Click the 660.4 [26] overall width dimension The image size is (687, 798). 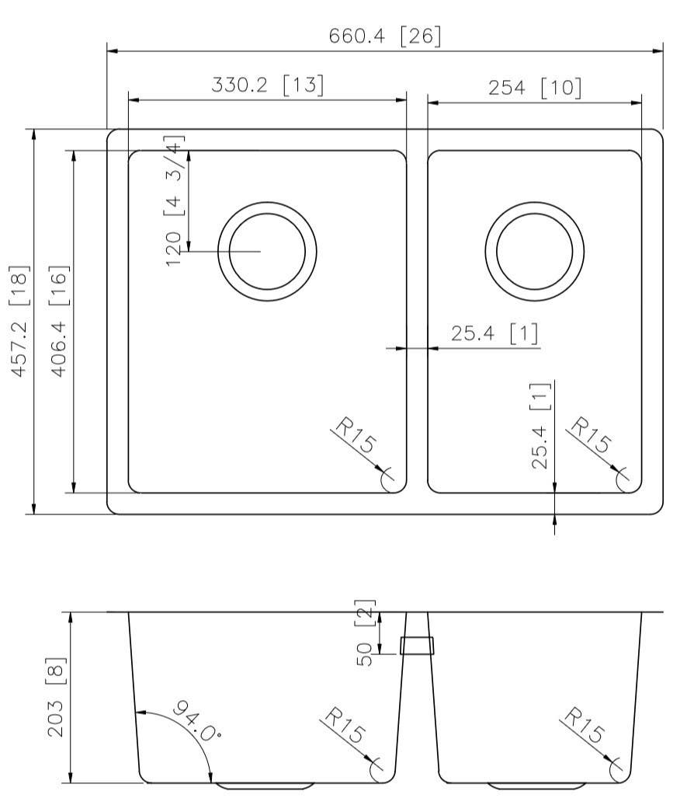click(385, 37)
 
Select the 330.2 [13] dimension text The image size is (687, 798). click(268, 85)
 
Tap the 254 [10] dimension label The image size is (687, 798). click(535, 87)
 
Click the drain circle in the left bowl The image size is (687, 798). click(267, 251)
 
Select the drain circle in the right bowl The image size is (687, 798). click(535, 251)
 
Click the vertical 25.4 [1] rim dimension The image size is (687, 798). click(541, 427)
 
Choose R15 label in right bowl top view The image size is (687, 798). click(590, 436)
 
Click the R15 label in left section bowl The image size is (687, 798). click(346, 727)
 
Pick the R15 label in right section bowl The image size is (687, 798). click(584, 727)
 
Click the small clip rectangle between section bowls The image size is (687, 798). click(417, 645)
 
